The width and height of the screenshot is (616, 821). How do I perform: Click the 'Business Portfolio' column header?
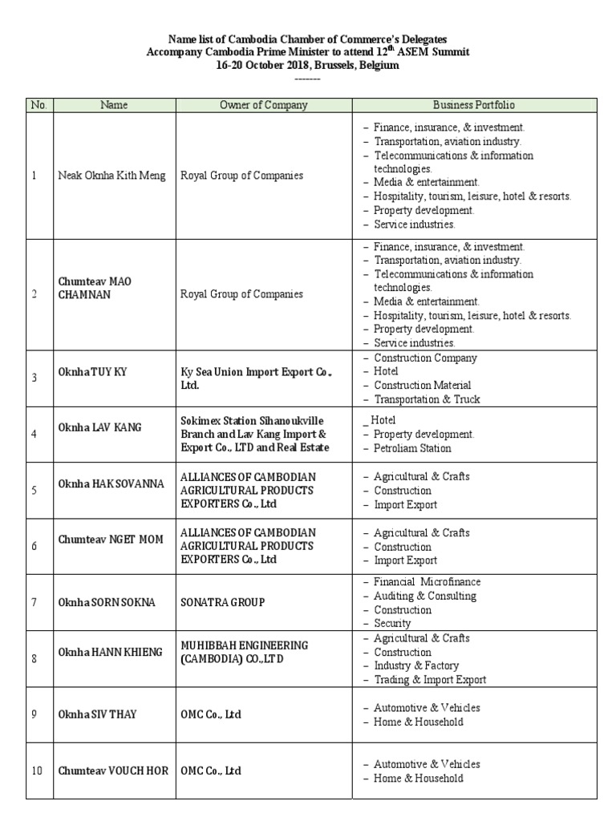[x=473, y=105]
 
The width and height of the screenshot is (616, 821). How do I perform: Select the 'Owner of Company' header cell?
[x=263, y=105]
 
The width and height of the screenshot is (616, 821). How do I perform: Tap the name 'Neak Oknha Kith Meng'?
[x=112, y=176]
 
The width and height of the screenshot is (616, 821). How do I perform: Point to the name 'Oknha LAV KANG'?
[x=99, y=427]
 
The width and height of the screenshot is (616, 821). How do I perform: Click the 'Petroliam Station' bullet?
[x=412, y=448]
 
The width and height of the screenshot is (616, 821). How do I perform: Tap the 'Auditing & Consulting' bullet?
[x=424, y=596]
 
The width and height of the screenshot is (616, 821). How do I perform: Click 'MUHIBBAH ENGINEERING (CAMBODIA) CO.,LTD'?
[x=245, y=652]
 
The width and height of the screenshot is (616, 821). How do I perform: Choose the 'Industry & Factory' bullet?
[x=416, y=665]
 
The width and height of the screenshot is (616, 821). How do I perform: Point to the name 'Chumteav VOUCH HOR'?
[x=113, y=770]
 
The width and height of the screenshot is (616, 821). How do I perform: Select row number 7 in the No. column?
[x=34, y=601]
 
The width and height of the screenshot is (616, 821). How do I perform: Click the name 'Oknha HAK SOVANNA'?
[x=111, y=483]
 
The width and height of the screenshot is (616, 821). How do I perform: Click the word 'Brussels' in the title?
[x=325, y=66]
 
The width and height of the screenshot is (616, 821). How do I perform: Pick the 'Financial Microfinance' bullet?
[x=427, y=581]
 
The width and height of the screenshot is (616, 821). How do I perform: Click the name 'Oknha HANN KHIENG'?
[x=110, y=652]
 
